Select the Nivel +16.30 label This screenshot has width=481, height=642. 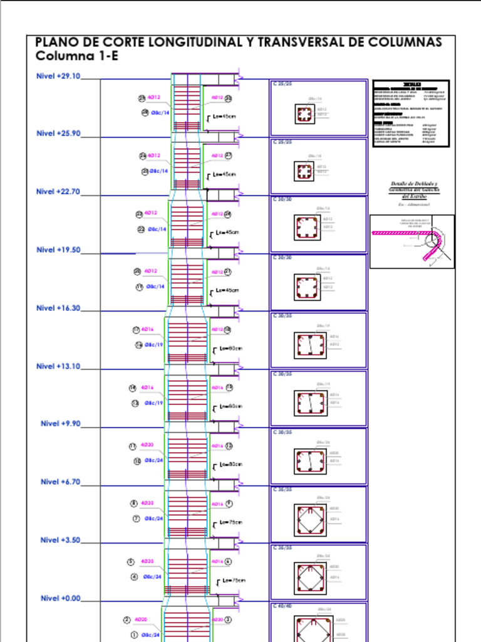point(58,308)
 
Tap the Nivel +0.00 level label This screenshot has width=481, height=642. point(61,598)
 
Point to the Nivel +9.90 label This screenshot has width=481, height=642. point(61,424)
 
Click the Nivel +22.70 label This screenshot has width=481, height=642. point(58,192)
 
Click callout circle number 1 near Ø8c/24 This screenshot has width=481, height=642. point(133,634)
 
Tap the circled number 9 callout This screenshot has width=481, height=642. point(229,503)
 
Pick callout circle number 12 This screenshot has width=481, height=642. point(229,446)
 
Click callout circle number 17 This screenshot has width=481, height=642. point(135,330)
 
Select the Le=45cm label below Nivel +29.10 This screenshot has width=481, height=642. point(224,117)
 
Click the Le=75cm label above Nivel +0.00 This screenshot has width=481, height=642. point(234,581)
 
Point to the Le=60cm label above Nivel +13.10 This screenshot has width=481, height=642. point(230,349)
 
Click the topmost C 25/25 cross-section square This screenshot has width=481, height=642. point(304,114)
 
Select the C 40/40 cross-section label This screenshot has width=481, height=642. point(282,606)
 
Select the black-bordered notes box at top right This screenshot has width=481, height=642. point(411,113)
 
